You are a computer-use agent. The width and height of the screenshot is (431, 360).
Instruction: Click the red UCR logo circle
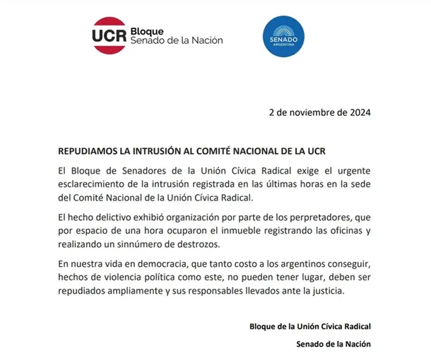(108, 35)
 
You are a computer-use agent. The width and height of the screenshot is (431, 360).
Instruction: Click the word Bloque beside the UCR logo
(146, 32)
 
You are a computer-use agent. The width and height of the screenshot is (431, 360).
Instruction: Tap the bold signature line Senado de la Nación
(333, 344)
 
